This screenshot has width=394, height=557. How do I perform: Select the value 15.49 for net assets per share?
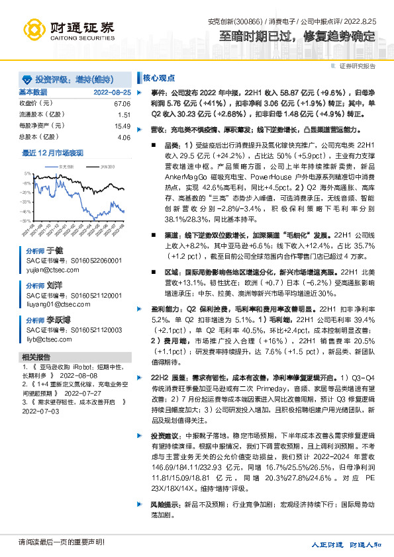coord(122,126)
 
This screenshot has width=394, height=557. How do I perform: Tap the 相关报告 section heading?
coord(34,357)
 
